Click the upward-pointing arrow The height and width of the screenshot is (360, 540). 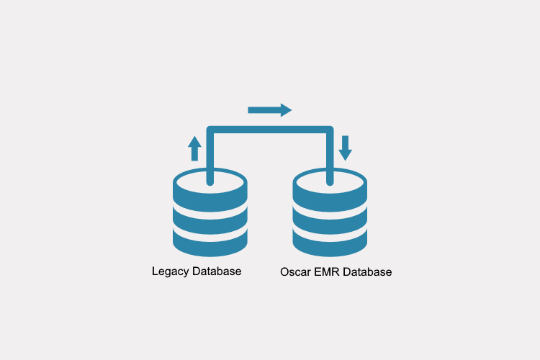[194, 148]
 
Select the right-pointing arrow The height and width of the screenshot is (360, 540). [269, 109]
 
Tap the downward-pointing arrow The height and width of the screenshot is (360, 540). [346, 148]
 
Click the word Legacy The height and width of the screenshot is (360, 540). [171, 271]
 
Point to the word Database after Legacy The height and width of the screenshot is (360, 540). [217, 271]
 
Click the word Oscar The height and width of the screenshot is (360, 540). [294, 272]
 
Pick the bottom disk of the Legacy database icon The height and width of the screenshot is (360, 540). [210, 243]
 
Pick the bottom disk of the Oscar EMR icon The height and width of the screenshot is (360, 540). [330, 243]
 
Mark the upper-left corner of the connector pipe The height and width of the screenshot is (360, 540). [210, 130]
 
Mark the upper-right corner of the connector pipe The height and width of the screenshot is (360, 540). [330, 130]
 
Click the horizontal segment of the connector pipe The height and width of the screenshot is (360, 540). [270, 130]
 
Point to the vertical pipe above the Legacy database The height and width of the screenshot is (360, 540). [210, 155]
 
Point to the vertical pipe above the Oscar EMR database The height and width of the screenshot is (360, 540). [330, 155]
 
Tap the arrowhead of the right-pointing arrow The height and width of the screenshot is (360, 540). [286, 109]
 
